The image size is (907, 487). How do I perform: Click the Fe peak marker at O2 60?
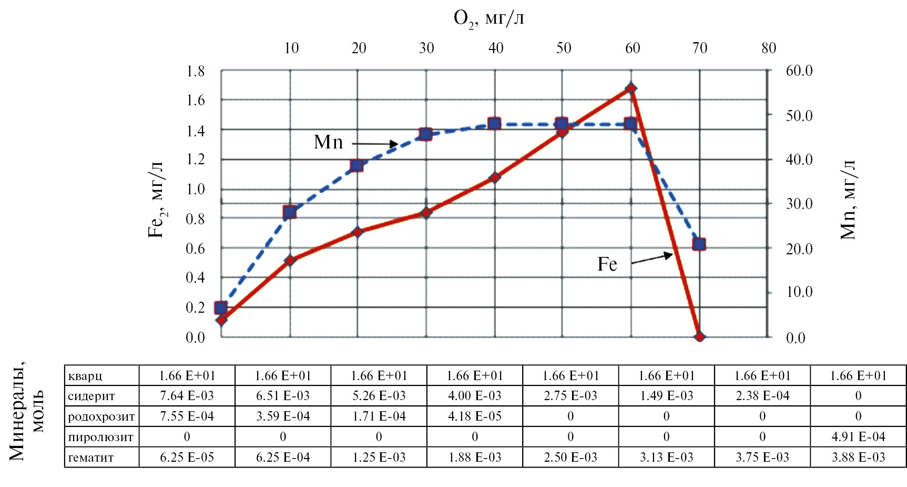tap(631, 88)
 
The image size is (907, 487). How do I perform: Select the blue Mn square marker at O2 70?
tap(699, 244)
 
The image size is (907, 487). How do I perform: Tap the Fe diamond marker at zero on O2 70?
tap(699, 337)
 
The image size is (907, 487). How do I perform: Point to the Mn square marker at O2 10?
tap(290, 212)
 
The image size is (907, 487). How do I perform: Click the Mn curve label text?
tap(328, 142)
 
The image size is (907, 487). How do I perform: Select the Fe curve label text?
tap(607, 264)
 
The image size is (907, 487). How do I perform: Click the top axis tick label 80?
tap(768, 48)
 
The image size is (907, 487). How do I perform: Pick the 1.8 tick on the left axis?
tap(196, 71)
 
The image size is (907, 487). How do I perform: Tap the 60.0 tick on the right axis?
tap(799, 71)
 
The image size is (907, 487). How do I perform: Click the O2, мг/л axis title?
tap(488, 19)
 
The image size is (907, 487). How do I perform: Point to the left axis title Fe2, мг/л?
tap(157, 200)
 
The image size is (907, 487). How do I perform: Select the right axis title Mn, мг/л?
tap(848, 200)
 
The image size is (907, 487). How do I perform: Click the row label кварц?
tap(85, 376)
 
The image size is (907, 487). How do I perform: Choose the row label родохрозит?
tap(101, 417)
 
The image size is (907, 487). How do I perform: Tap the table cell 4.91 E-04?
tap(858, 437)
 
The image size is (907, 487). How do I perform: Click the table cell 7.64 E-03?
tap(187, 396)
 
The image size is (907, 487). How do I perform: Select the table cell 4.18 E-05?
tap(474, 416)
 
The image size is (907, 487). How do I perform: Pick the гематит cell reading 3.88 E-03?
tap(858, 458)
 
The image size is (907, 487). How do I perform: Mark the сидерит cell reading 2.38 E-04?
tap(762, 396)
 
